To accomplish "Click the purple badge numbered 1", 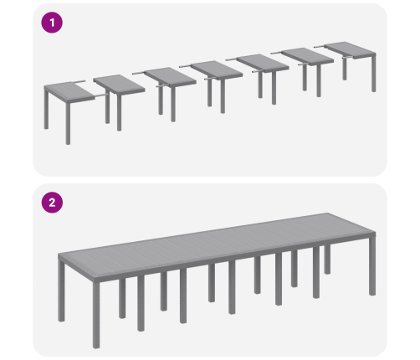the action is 52,23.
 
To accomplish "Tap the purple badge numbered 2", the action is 52,203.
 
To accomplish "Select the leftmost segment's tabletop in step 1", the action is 69,91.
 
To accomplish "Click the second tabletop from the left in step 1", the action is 119,85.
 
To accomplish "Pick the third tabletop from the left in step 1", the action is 170,77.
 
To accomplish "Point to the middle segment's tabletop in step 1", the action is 217,69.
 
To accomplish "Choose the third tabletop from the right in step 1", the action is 263,64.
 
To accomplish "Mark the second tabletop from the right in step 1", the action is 307,57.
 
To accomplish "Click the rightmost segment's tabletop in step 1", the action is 350,50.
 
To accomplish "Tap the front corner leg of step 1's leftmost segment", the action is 68,123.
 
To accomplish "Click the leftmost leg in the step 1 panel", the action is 46,108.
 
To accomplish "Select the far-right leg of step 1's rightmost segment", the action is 374,73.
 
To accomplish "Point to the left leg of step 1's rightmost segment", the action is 345,69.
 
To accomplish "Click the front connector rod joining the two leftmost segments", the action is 100,95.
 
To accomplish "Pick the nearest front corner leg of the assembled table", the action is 96,315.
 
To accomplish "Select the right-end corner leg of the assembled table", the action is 372,266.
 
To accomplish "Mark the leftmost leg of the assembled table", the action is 61,291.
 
